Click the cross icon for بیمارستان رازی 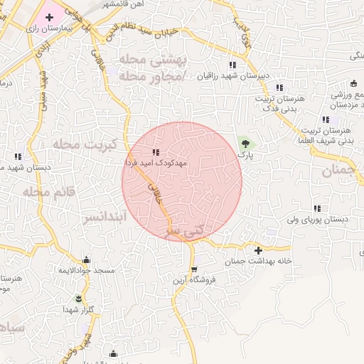click(48, 16)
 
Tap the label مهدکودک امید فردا click(156, 163)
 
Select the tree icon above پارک click(245, 143)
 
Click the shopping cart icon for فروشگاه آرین click(194, 269)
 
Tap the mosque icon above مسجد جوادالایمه click(87, 259)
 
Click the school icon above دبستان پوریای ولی click(316, 208)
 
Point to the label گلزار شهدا click(78, 309)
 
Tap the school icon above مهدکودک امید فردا click(156, 152)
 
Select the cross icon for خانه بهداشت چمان click(258, 250)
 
